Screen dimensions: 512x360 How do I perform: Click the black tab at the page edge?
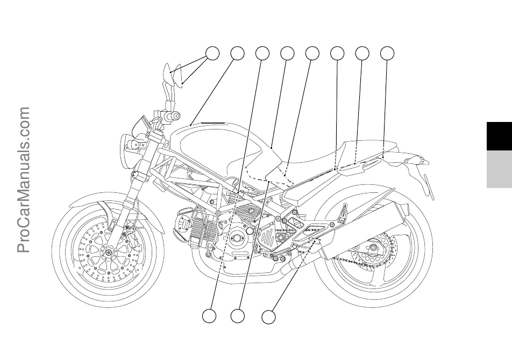tap(499, 136)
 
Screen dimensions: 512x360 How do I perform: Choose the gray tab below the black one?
tap(499, 169)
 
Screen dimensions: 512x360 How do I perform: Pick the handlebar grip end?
tap(175, 116)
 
